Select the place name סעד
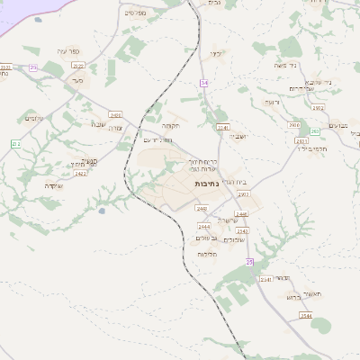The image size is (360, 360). (x=78, y=80)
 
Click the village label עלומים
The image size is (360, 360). (x=31, y=119)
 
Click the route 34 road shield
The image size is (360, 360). (x=204, y=83)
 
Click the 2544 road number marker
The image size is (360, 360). (x=306, y=316)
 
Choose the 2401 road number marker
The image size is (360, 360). (x=115, y=114)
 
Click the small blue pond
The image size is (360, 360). (x=102, y=211)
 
